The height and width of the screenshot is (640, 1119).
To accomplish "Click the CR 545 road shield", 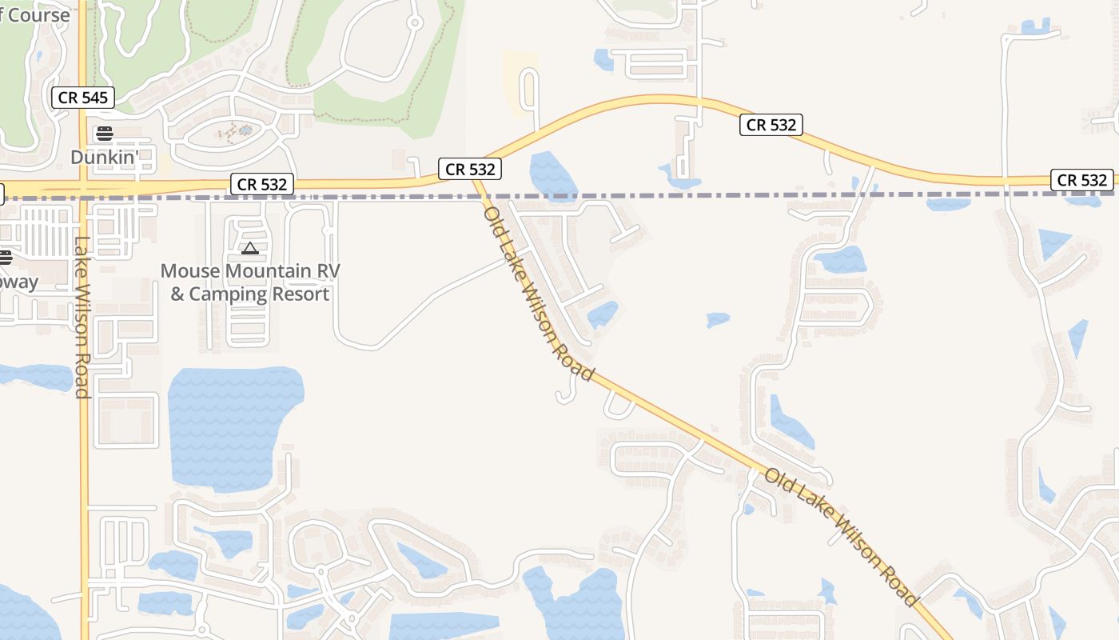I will click(82, 98).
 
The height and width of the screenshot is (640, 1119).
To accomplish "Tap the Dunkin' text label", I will click(105, 157).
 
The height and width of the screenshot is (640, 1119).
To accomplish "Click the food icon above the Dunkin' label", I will click(105, 133).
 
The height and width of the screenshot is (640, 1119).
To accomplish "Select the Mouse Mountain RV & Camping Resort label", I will click(250, 282).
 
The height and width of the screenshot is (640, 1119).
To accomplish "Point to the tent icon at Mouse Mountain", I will click(250, 249).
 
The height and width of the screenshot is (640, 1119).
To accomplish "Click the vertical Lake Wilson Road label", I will click(82, 318).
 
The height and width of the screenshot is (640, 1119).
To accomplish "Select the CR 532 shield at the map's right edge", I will click(1081, 180).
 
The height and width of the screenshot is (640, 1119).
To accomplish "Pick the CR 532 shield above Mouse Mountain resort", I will click(262, 184).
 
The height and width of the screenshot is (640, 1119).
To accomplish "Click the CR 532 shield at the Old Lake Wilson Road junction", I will click(470, 169).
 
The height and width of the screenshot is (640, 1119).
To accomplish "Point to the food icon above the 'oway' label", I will click(6, 257).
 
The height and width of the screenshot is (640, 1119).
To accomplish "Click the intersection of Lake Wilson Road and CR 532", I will click(83, 189).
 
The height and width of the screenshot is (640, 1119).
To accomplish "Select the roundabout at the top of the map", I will click(414, 22).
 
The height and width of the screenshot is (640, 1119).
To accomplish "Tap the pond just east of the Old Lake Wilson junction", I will click(552, 175).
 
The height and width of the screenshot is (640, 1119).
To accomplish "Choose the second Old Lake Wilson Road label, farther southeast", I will click(840, 537).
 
